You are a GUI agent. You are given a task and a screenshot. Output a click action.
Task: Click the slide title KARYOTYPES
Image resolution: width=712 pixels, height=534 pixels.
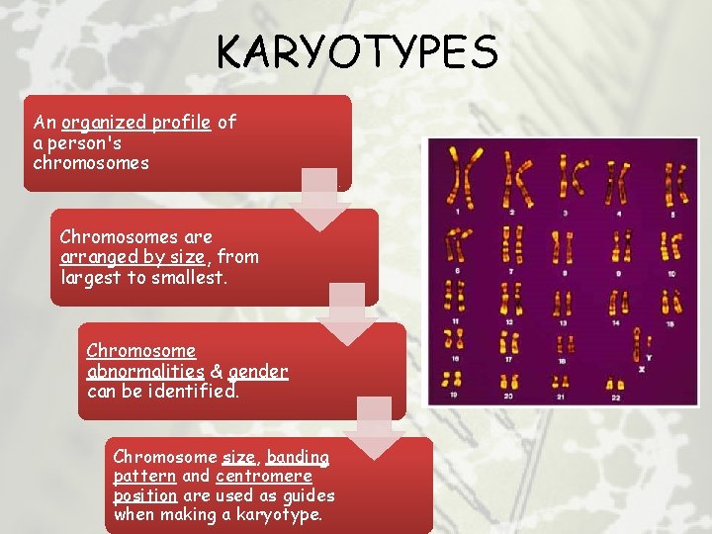(357, 51)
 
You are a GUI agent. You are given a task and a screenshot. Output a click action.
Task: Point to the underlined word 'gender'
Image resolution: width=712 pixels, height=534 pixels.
(257, 372)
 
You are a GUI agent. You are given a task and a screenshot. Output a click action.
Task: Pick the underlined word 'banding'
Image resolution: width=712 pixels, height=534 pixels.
(298, 457)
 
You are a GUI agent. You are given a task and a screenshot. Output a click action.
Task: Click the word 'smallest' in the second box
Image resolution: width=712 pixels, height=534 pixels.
(190, 277)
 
